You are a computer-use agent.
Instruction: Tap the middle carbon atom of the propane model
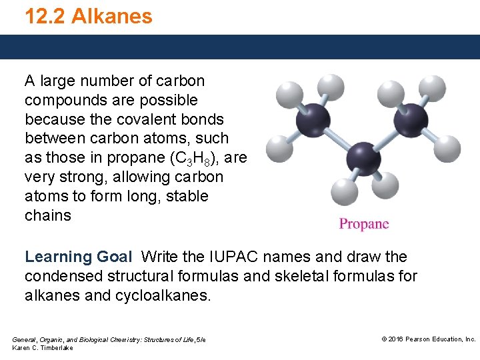tap(364, 158)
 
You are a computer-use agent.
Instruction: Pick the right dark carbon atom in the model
tap(411, 120)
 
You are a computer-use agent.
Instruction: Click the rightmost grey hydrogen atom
tap(447, 148)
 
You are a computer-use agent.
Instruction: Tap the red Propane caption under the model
tap(363, 224)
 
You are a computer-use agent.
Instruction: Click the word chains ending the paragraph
tap(48, 216)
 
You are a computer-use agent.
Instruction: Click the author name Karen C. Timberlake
tap(43, 348)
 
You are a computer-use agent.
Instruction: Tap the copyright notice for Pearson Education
tap(428, 339)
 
